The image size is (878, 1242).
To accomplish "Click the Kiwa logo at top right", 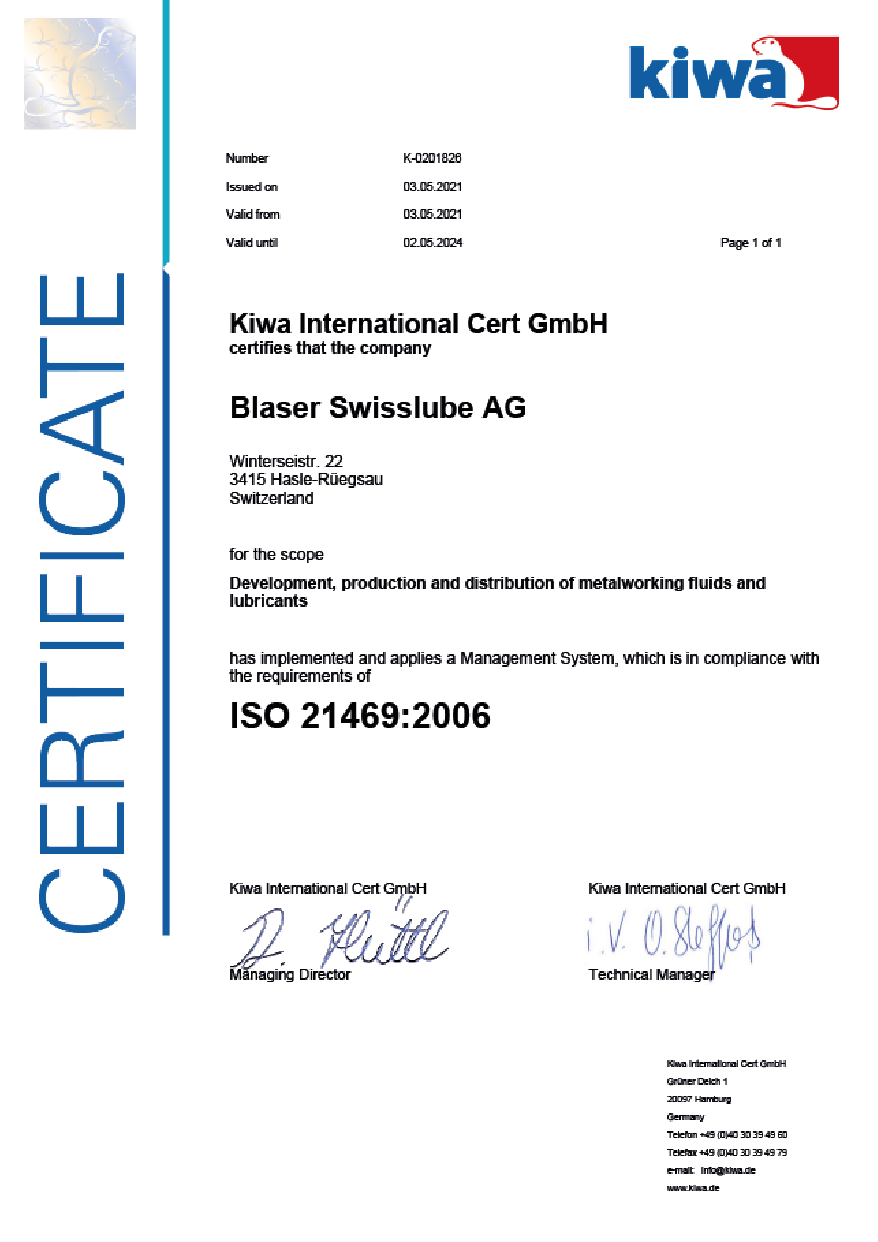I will coord(734,74).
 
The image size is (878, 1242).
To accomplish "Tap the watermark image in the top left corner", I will coord(80,74).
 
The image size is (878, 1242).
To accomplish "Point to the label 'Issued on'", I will coord(251,187).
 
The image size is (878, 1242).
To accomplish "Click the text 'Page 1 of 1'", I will coord(751,243).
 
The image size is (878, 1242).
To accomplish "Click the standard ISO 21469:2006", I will coord(360,716).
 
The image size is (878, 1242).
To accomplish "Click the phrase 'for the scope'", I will coord(276,555).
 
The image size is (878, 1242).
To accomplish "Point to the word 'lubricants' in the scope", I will coord(268,601).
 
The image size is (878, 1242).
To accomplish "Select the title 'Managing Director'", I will coord(290,975).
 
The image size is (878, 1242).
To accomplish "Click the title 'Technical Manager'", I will coord(651,975).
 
